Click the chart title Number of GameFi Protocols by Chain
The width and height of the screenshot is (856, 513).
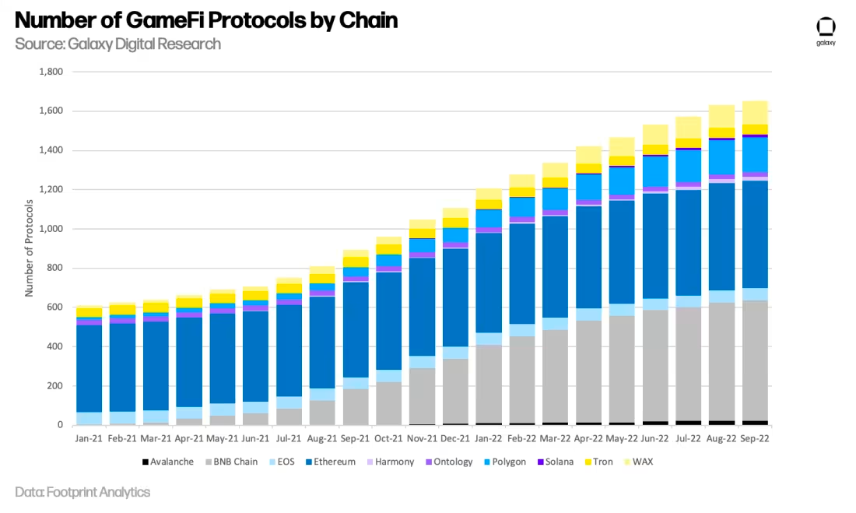[206, 20]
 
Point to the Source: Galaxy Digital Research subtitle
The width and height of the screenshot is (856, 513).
[118, 44]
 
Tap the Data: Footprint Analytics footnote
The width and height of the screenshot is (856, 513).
[82, 492]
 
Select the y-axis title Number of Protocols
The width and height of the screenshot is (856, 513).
[30, 248]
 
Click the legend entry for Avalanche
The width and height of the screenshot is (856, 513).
[168, 462]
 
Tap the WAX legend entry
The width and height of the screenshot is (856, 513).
[643, 462]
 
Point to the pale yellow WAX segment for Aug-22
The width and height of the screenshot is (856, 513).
[721, 116]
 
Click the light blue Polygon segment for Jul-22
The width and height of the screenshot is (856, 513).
[688, 165]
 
